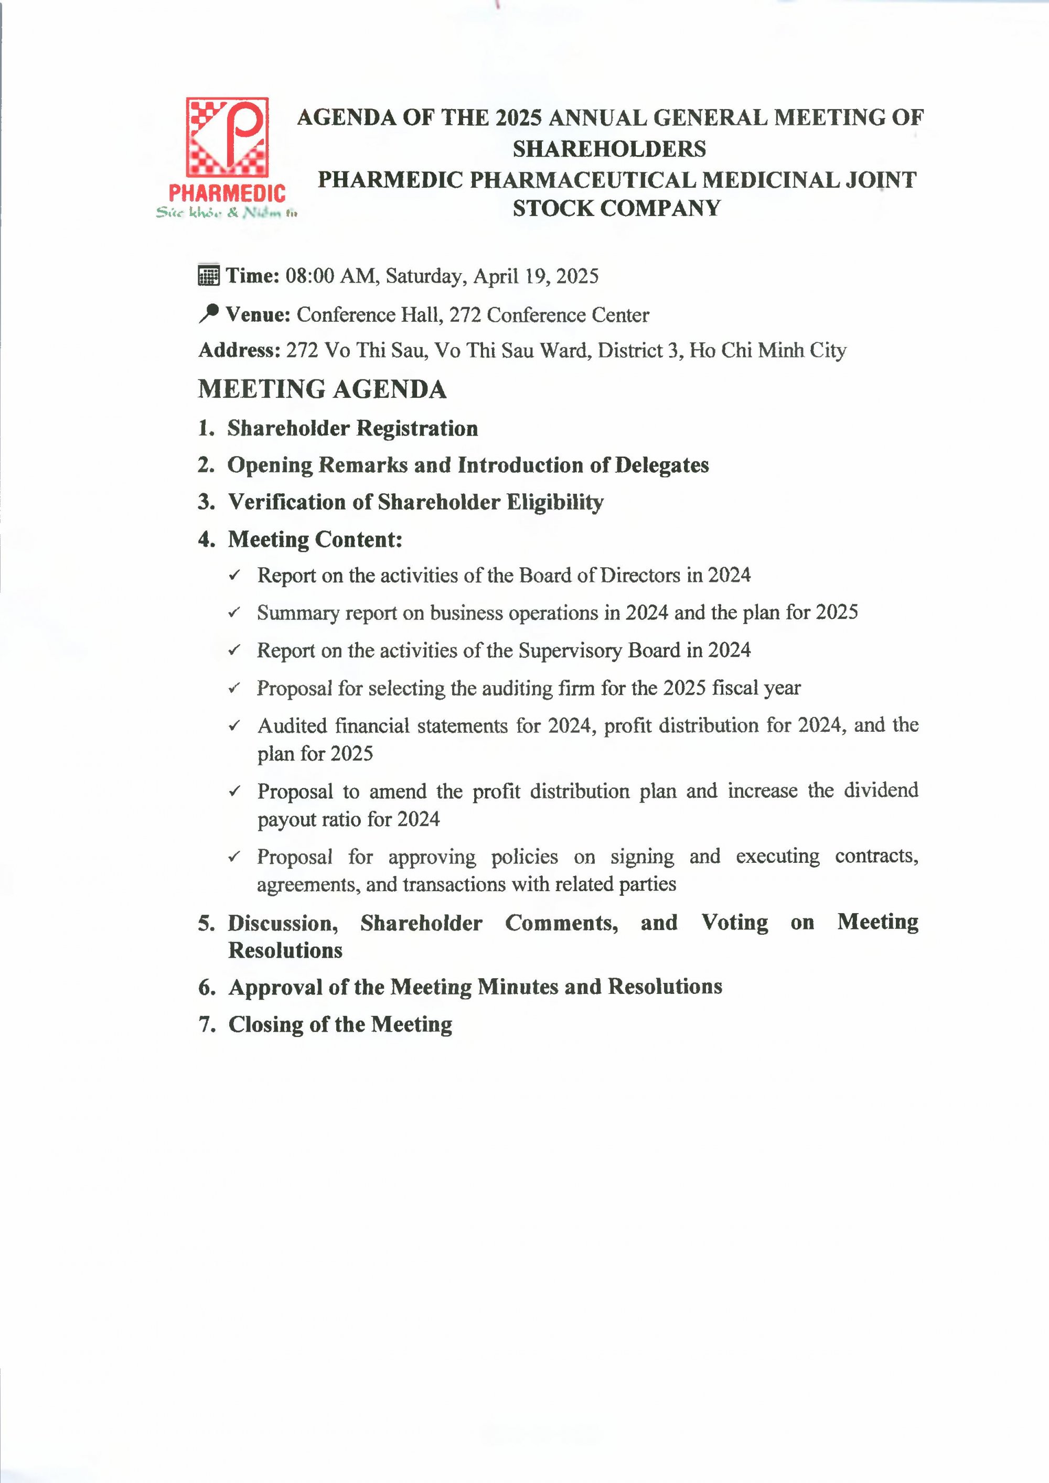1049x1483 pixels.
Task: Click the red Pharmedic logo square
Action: [x=227, y=137]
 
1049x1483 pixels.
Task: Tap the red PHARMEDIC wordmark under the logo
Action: [x=227, y=192]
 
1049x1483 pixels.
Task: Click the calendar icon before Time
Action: [x=208, y=275]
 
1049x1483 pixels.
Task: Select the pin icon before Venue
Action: [x=208, y=313]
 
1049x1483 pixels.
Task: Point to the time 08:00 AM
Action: [x=329, y=276]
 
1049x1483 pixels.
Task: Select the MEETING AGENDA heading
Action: [x=322, y=389]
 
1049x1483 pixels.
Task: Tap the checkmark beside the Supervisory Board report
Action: [x=234, y=650]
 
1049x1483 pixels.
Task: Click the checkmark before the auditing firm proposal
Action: [x=234, y=688]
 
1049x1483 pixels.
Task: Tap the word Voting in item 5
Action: [x=735, y=923]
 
